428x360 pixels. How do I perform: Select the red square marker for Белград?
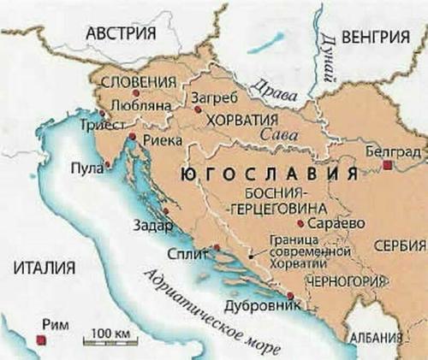(388, 164)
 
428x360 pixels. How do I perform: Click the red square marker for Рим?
(40, 340)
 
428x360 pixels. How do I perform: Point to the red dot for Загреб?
(198, 109)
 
